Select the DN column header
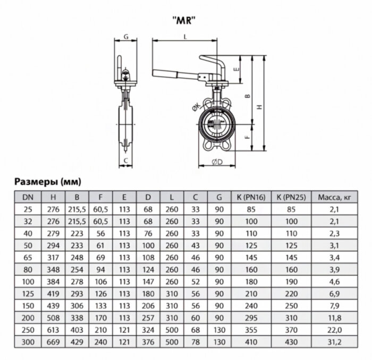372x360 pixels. [x=26, y=198]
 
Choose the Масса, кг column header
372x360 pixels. [x=334, y=198]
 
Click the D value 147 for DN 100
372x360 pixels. [x=149, y=280]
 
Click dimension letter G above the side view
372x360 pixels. [x=126, y=36]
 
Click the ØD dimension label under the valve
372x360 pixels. [x=216, y=162]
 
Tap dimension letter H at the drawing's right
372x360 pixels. [x=259, y=106]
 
